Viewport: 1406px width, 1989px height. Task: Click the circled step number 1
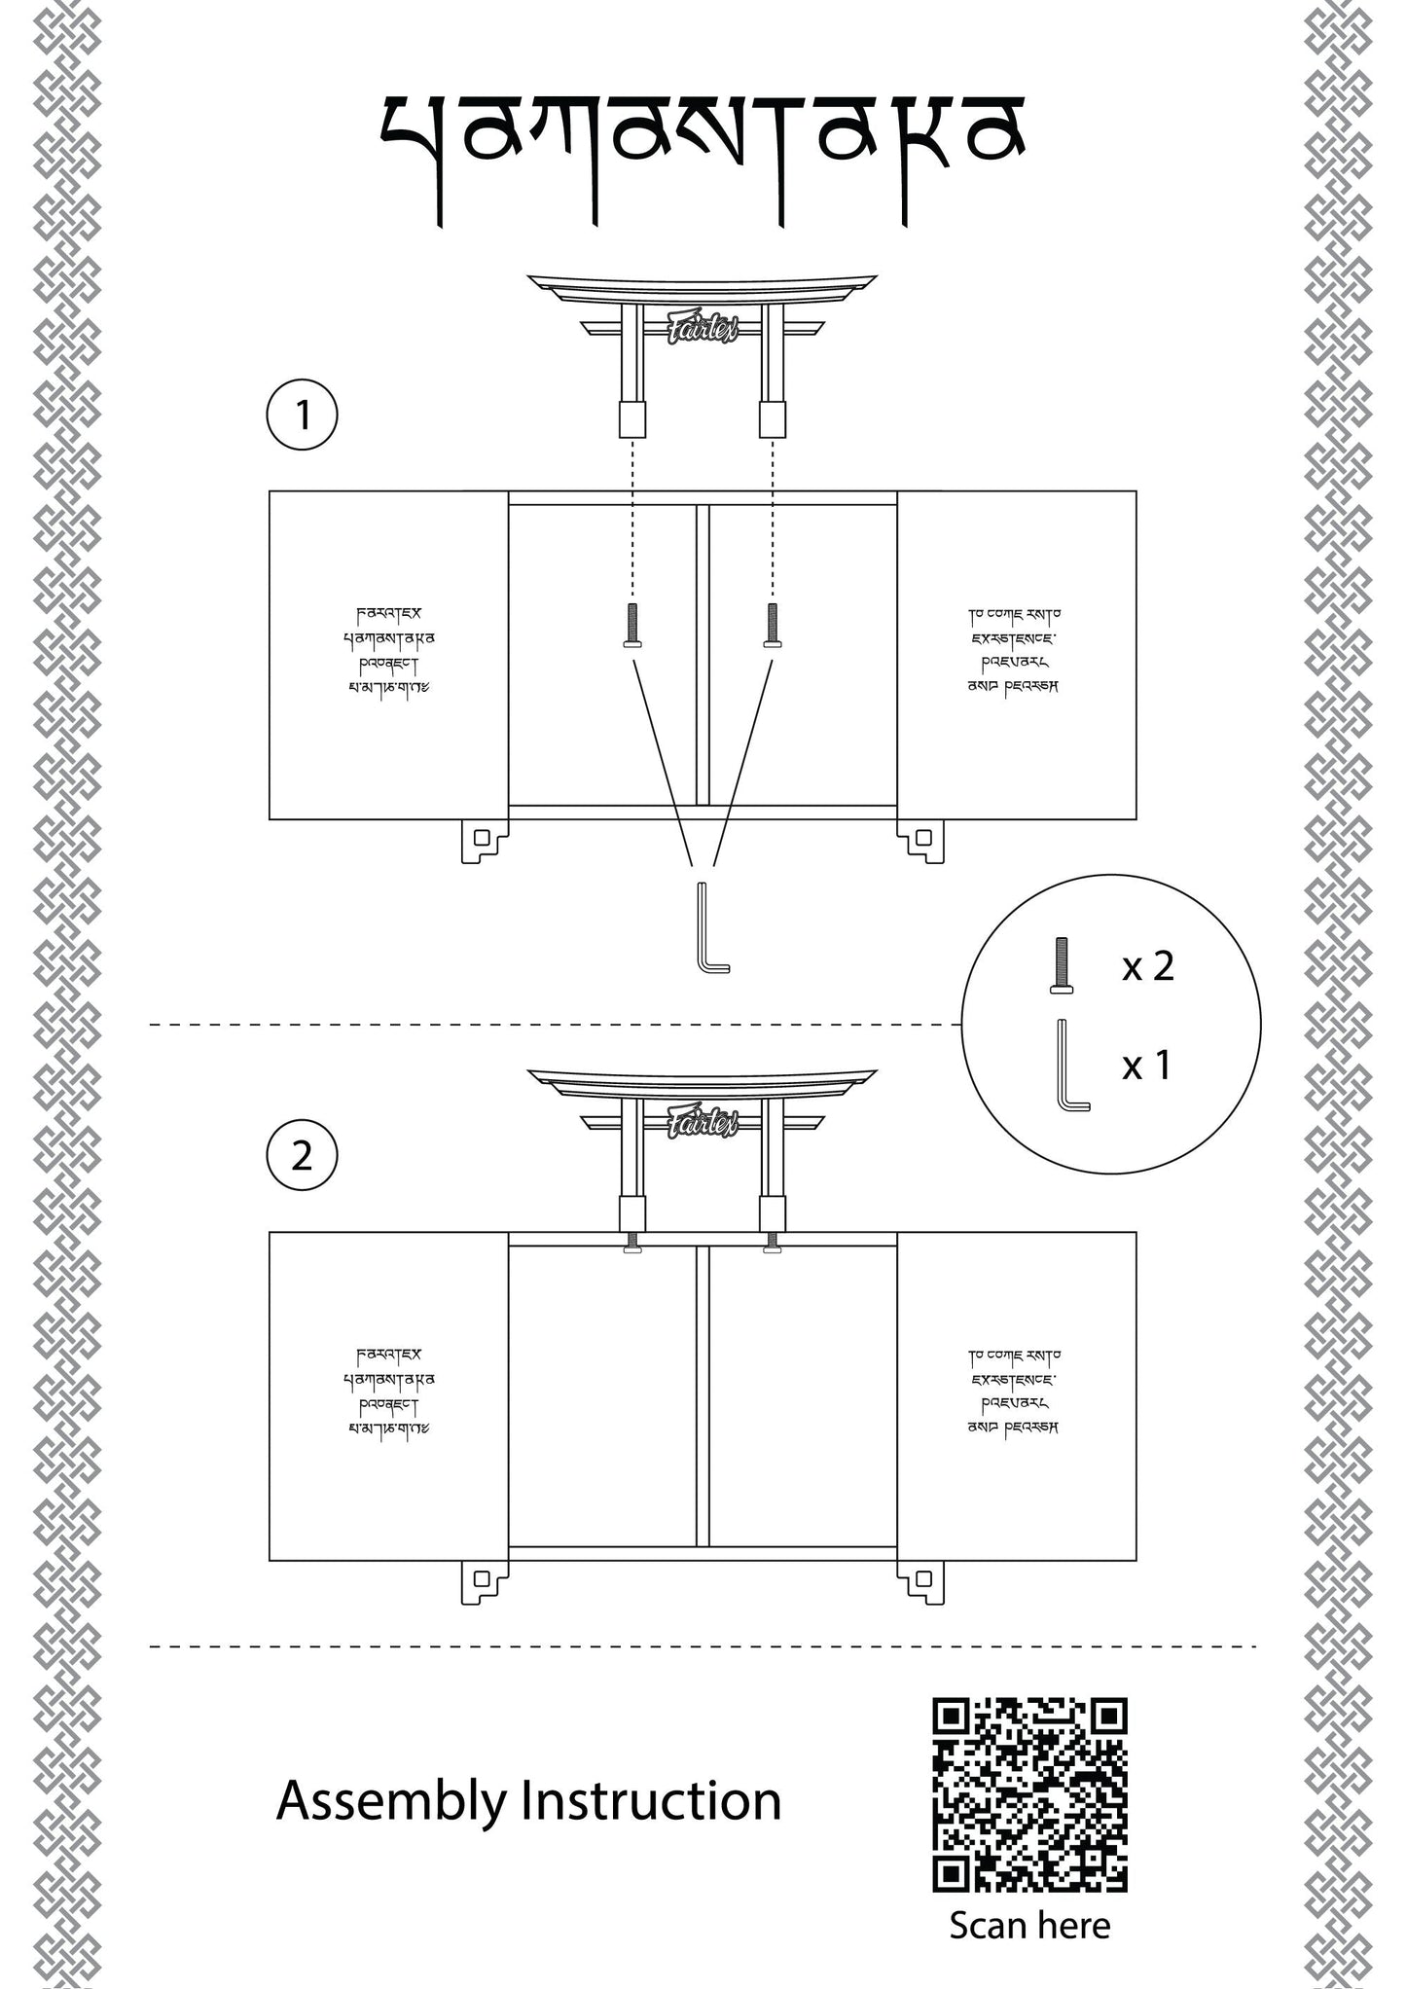(x=302, y=416)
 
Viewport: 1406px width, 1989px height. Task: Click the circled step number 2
(x=302, y=1157)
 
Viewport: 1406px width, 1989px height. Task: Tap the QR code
(x=1029, y=1794)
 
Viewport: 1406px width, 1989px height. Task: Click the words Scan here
(x=1029, y=1924)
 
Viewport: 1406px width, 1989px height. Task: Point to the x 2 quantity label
(x=1147, y=966)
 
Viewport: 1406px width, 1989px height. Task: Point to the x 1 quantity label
(x=1147, y=1066)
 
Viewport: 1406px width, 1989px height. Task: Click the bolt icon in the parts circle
(x=1061, y=965)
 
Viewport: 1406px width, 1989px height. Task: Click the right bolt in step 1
(x=773, y=625)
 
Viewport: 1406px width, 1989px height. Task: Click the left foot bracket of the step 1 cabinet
(x=483, y=840)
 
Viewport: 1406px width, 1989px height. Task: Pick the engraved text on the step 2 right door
(x=1014, y=1391)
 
